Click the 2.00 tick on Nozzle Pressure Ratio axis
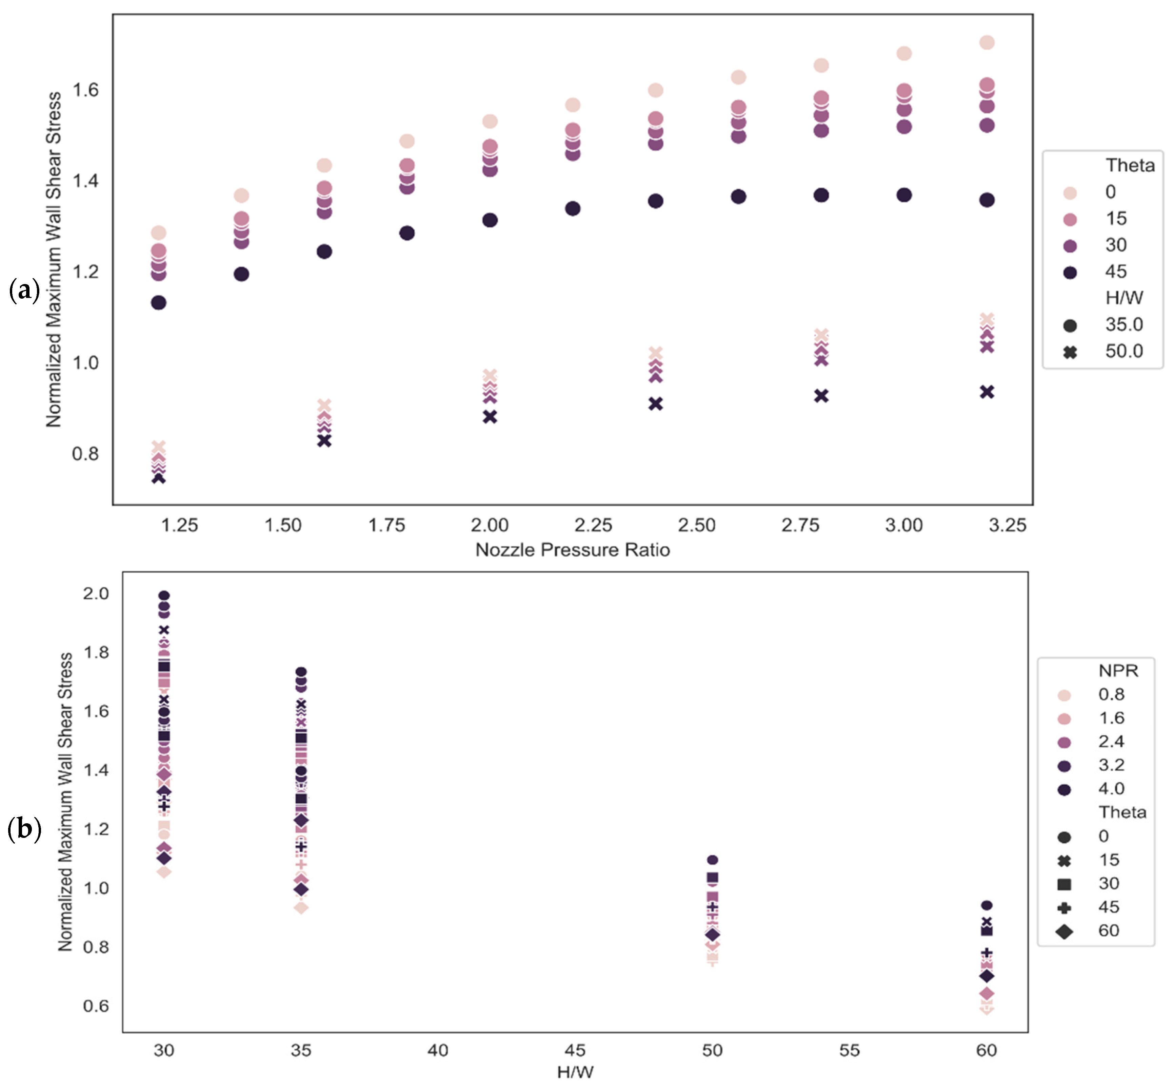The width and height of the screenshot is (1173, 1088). pos(490,525)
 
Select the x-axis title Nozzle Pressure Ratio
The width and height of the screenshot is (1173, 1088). pos(572,550)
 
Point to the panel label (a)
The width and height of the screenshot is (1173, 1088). pos(24,290)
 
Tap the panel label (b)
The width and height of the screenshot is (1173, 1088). pos(24,829)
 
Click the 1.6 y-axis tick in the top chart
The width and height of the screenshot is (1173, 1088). pos(85,90)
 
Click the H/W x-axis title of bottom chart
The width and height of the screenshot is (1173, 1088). pos(575,1071)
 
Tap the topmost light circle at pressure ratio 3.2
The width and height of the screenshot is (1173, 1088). pos(987,42)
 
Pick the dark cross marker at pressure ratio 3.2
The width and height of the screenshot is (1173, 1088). pos(987,392)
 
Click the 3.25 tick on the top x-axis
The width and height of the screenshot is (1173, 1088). pos(1007,525)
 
